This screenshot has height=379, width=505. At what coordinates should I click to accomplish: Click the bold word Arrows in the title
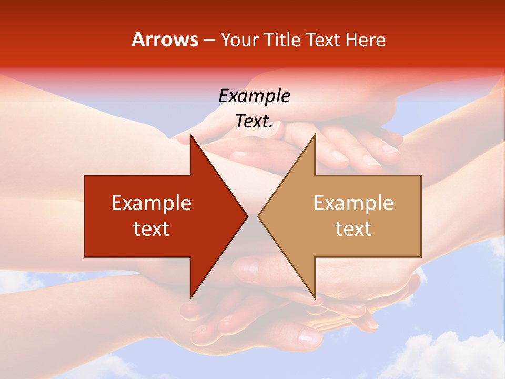[x=165, y=39]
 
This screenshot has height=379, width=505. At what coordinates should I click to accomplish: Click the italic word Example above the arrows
[x=254, y=96]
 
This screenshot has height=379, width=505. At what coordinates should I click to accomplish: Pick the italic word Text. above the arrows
[x=254, y=121]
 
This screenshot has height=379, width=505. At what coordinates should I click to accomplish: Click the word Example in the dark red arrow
[x=151, y=203]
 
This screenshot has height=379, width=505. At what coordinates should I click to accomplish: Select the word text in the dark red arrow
[x=151, y=228]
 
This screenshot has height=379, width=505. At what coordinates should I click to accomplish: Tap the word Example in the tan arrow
[x=353, y=203]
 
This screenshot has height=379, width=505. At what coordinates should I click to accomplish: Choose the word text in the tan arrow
[x=353, y=228]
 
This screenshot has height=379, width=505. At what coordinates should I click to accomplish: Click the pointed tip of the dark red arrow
[x=246, y=216]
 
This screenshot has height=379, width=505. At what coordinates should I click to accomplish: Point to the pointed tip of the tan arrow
[x=259, y=216]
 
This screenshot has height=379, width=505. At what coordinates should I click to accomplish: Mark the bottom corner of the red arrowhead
[x=190, y=297]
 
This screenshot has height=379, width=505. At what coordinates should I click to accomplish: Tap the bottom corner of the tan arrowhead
[x=315, y=297]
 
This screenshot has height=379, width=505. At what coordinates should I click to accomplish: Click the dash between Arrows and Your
[x=209, y=40]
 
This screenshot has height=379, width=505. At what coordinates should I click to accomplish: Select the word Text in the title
[x=324, y=39]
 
